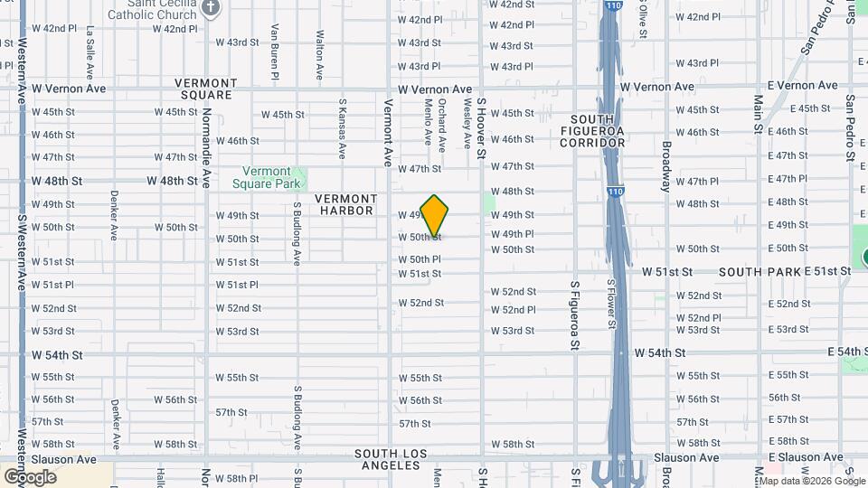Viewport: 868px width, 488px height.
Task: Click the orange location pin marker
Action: (435, 215)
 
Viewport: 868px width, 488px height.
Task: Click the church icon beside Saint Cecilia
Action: (211, 9)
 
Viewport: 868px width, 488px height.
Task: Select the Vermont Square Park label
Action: (267, 177)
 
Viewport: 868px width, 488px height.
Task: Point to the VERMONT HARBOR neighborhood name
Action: (345, 204)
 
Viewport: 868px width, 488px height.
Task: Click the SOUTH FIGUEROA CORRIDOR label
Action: (592, 131)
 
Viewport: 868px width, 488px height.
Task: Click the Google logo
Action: (30, 476)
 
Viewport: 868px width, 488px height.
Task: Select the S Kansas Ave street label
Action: (343, 128)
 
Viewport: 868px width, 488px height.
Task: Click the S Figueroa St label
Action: (574, 314)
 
